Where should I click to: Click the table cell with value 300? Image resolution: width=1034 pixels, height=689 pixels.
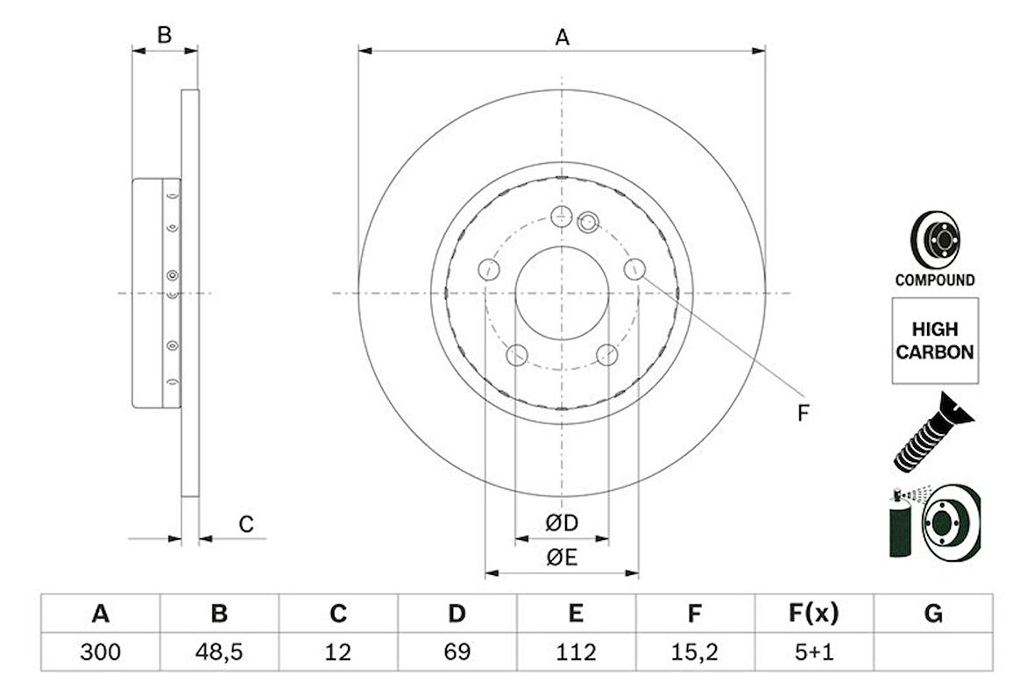101,652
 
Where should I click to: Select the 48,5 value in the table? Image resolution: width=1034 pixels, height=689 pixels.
219,652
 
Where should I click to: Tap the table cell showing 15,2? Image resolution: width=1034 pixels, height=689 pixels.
694,652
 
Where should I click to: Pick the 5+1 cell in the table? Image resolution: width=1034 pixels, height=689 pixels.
812,652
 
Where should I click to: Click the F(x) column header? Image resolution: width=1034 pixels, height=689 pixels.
812,614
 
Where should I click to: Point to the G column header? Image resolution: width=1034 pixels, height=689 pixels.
933,614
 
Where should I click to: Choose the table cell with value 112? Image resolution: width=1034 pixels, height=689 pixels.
575,652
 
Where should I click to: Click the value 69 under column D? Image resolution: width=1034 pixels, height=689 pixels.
457,652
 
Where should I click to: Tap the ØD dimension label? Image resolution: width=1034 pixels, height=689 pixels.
562,523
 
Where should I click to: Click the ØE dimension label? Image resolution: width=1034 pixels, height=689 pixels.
562,558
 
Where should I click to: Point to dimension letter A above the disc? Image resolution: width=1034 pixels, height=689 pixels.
562,37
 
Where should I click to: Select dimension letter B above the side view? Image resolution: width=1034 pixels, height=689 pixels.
164,35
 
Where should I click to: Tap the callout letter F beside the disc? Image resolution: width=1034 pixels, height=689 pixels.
802,414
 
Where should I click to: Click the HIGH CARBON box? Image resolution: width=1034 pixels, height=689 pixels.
934,340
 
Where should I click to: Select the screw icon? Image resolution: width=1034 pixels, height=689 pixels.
925,433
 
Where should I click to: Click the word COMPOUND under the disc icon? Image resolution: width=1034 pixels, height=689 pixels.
934,281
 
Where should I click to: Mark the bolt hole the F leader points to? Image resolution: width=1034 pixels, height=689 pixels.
634,270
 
